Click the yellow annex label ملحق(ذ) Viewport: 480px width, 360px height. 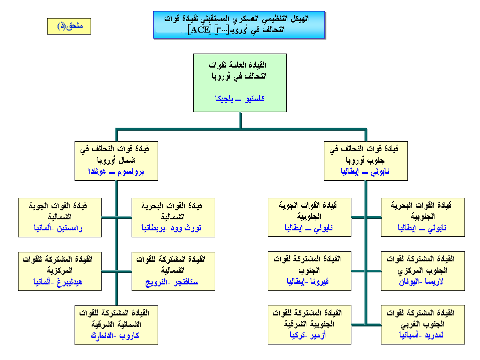pyautogui.click(x=69, y=27)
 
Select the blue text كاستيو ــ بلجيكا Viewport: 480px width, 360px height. pyautogui.click(x=240, y=99)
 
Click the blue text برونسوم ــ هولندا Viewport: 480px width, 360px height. pyautogui.click(x=116, y=171)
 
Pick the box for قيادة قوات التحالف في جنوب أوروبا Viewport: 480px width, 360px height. pyautogui.click(x=365, y=160)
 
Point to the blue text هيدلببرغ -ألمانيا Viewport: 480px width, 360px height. pyautogui.click(x=60, y=282)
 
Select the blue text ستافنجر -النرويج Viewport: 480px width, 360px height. pyautogui.click(x=173, y=282)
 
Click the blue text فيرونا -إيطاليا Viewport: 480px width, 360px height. pyautogui.click(x=309, y=282)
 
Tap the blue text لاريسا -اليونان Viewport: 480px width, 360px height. pyautogui.click(x=423, y=282)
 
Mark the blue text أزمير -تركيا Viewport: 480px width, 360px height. pyautogui.click(x=309, y=335)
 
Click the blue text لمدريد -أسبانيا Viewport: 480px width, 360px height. pyautogui.click(x=423, y=335)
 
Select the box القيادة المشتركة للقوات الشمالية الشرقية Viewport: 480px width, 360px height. pyautogui.click(x=116, y=324)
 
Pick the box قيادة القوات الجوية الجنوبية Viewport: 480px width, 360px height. pyautogui.click(x=309, y=216)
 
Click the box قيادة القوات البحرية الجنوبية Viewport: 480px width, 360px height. pyautogui.click(x=423, y=216)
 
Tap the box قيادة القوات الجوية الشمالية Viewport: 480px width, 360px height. pyautogui.click(x=60, y=216)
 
